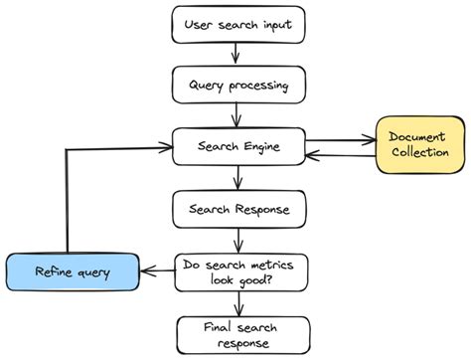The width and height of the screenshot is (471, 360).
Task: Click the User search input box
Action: click(238, 23)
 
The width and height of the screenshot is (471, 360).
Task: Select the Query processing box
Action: click(238, 85)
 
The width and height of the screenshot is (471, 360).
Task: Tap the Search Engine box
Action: click(238, 146)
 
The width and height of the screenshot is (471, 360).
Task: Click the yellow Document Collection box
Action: click(418, 144)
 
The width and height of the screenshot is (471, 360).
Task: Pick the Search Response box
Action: click(238, 209)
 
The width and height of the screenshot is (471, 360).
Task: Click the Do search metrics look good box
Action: click(240, 272)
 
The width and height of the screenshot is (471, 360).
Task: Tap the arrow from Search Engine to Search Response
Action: click(237, 178)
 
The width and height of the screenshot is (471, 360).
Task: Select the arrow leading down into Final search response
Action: click(238, 303)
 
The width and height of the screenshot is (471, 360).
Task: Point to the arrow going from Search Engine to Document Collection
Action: click(337, 140)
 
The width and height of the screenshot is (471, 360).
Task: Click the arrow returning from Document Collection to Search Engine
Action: click(337, 154)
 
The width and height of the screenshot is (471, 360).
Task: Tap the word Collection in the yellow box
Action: click(418, 153)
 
